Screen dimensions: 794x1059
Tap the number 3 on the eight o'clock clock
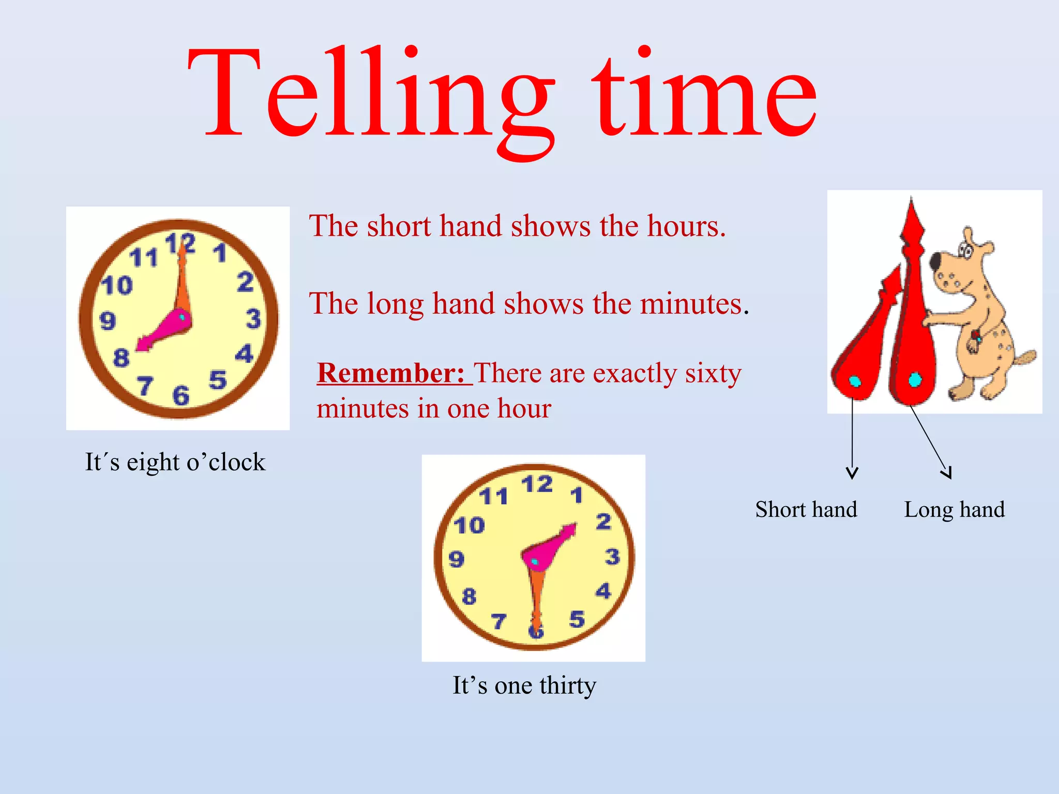pyautogui.click(x=253, y=318)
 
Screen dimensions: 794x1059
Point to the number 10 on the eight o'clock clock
pyautogui.click(x=117, y=285)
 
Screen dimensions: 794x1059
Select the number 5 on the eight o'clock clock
pyautogui.click(x=218, y=380)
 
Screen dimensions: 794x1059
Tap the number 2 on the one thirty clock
pyautogui.click(x=603, y=522)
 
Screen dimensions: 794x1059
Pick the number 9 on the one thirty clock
pyautogui.click(x=456, y=559)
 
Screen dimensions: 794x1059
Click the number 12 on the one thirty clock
pyautogui.click(x=537, y=485)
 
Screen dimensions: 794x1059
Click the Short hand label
pyautogui.click(x=806, y=510)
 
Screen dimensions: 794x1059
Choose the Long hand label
pyautogui.click(x=955, y=510)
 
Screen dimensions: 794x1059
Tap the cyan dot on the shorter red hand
pyautogui.click(x=855, y=381)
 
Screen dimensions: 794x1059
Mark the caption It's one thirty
pyautogui.click(x=524, y=685)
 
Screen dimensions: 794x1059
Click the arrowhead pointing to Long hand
pyautogui.click(x=947, y=473)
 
